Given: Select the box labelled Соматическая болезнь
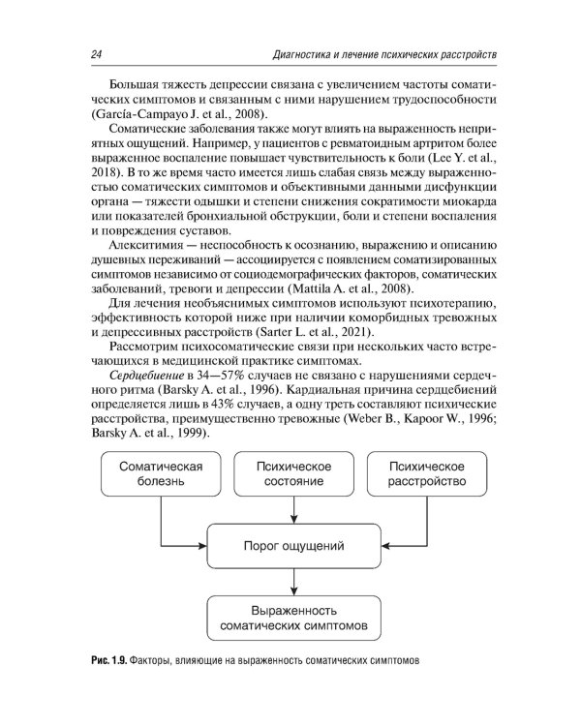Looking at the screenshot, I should click(x=161, y=473).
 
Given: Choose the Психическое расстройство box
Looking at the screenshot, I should click(x=427, y=473).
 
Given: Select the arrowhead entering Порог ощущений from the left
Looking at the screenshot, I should click(x=205, y=545).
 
